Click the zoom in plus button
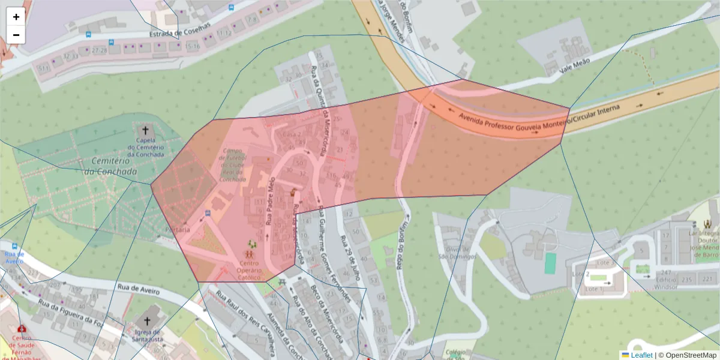[x=16, y=17]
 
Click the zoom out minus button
[x=16, y=35]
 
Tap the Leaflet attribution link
[x=641, y=355]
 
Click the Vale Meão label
[x=574, y=64]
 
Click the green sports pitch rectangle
[x=550, y=263]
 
